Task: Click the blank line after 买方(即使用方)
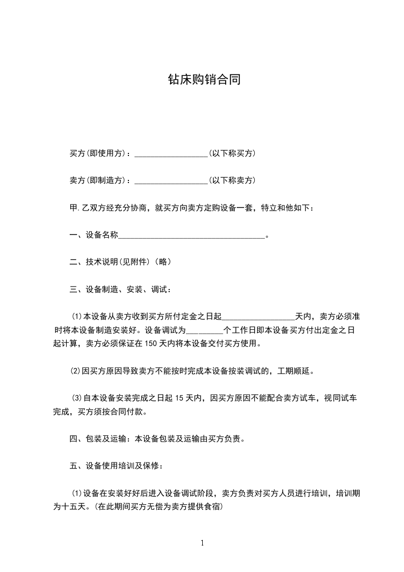click(x=170, y=153)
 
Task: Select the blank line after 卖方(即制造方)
click(x=170, y=181)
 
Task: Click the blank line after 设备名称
click(x=192, y=236)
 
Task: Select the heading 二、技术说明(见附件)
click(x=120, y=262)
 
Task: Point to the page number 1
click(x=202, y=543)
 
